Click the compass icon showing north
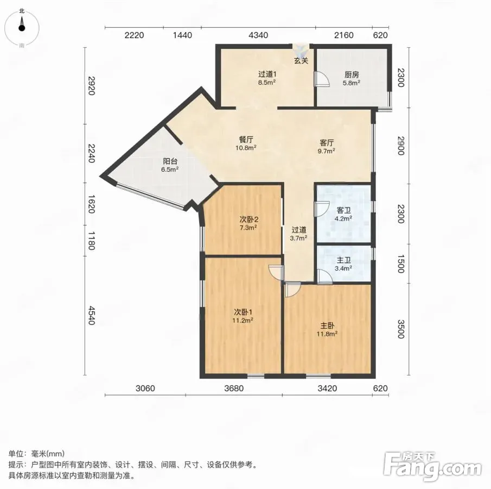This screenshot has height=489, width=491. coord(22,27)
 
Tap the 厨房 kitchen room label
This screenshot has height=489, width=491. coord(352,74)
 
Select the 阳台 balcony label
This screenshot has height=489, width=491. coord(170,161)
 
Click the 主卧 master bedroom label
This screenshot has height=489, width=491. coord(327,326)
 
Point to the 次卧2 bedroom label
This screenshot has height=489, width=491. coord(249,220)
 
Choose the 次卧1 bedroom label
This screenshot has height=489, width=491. coord(243,312)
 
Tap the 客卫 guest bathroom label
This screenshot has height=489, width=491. coord(343,210)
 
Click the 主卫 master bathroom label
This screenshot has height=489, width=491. coord(343,260)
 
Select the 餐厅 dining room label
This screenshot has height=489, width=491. coord(246,139)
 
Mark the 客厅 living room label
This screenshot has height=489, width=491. coord(327,143)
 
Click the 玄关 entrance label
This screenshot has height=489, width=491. coord(301,61)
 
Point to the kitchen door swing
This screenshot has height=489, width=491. coord(322,79)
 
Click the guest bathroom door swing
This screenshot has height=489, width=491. coord(322,209)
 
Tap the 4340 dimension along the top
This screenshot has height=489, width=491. coord(258,35)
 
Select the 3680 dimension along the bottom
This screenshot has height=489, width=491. coord(234,388)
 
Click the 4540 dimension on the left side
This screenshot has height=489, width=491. coord(91,316)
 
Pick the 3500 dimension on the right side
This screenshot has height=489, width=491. coord(401,329)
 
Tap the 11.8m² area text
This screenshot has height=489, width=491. coord(327,334)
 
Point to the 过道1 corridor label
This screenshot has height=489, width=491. coord(267,74)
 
